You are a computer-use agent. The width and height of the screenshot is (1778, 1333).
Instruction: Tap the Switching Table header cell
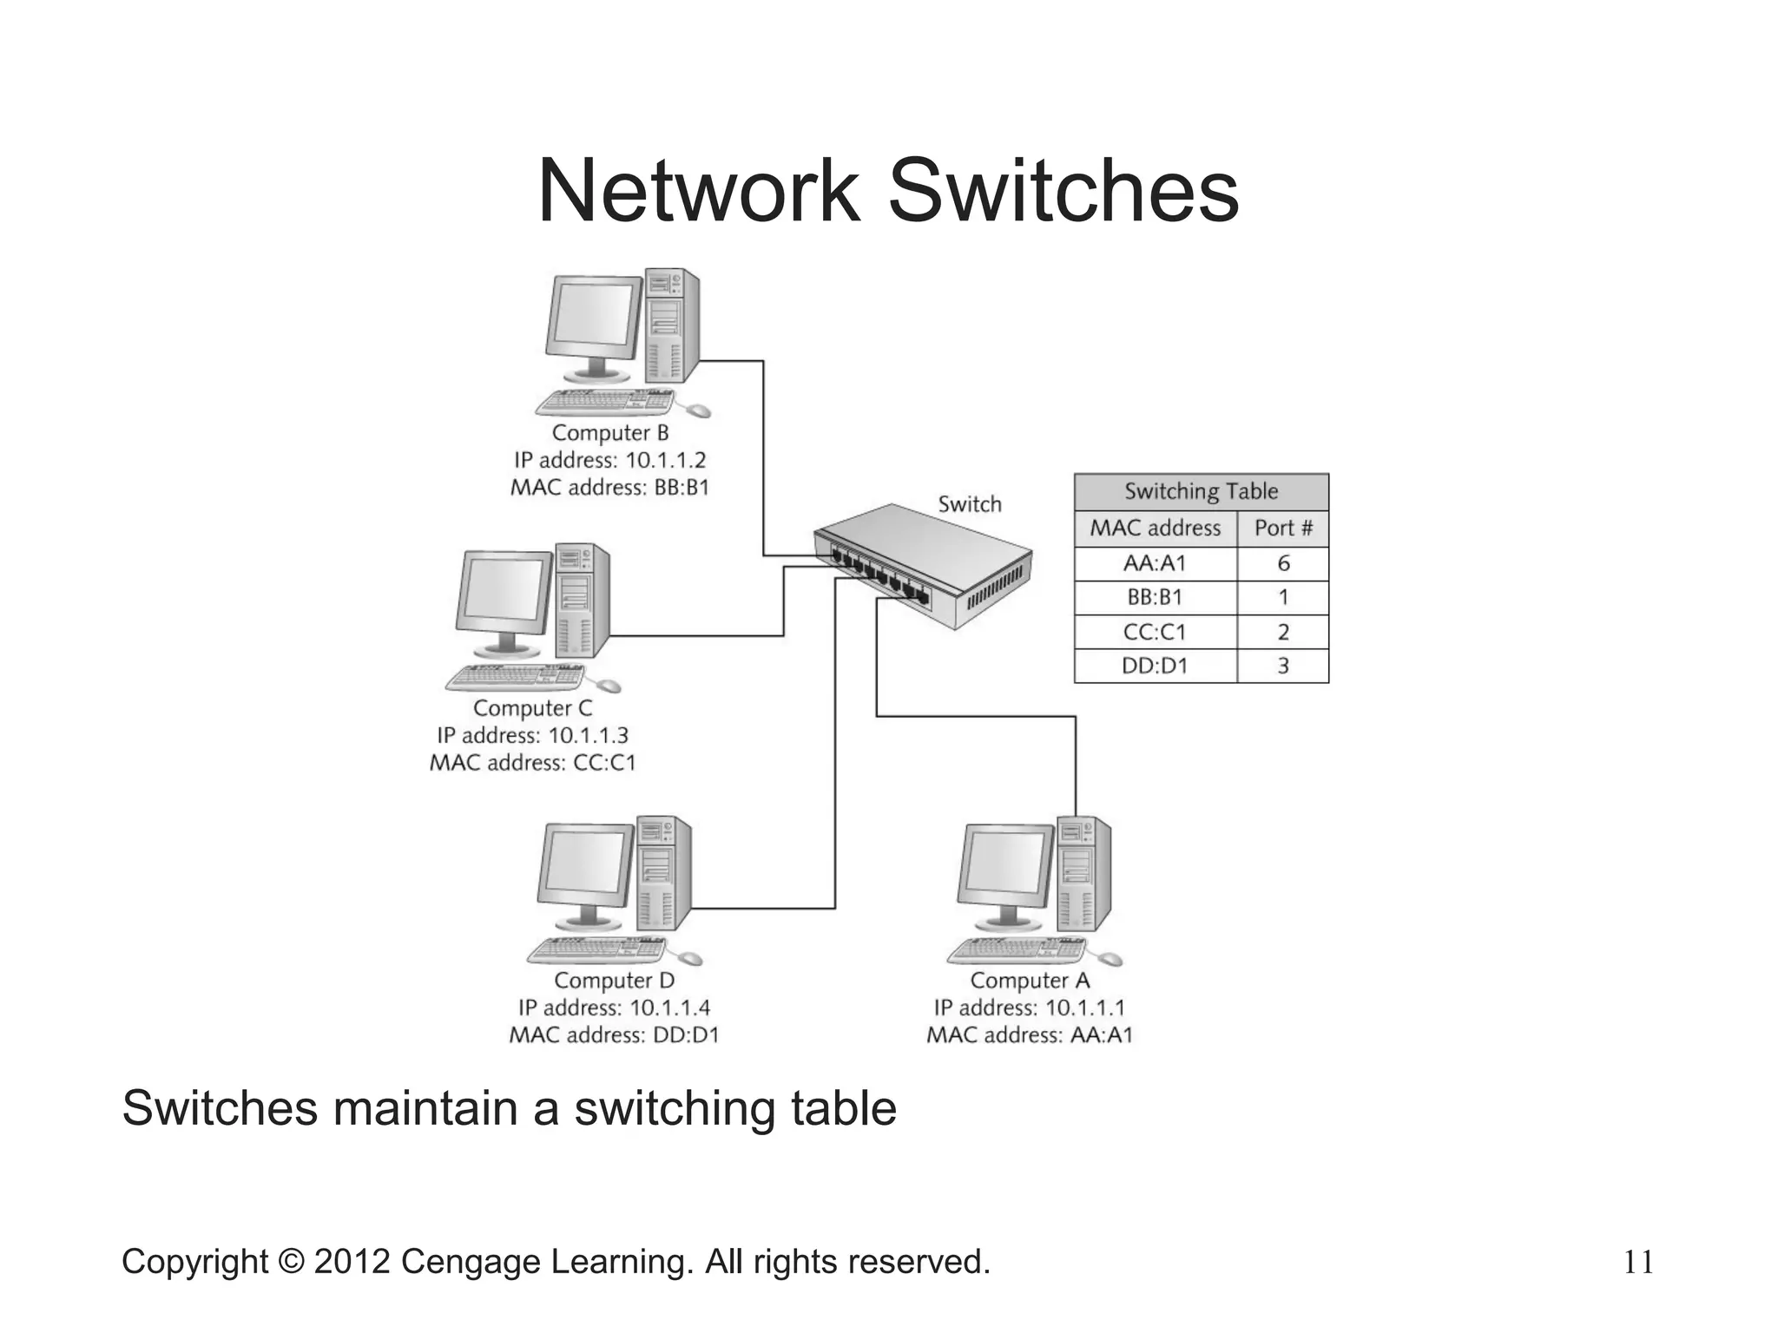click(x=1201, y=491)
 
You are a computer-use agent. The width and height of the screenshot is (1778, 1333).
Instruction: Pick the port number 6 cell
click(x=1282, y=563)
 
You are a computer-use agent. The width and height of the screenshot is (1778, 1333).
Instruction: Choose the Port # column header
click(x=1282, y=528)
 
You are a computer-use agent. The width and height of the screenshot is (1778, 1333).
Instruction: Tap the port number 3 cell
click(x=1282, y=666)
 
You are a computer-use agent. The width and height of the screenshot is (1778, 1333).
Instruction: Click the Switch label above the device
click(x=969, y=504)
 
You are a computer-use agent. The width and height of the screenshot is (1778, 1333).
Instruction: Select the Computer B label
click(x=609, y=432)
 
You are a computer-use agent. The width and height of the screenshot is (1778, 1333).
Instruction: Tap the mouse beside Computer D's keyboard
click(x=689, y=958)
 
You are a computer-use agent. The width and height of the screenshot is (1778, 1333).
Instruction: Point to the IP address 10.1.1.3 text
click(x=532, y=735)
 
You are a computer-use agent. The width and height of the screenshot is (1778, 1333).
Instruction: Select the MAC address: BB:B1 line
click(x=609, y=487)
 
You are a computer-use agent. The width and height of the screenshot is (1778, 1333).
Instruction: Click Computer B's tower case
click(x=671, y=325)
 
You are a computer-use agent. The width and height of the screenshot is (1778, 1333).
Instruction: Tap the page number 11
click(x=1637, y=1263)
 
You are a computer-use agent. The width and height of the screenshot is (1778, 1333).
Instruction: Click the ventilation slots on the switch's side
click(x=998, y=590)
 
